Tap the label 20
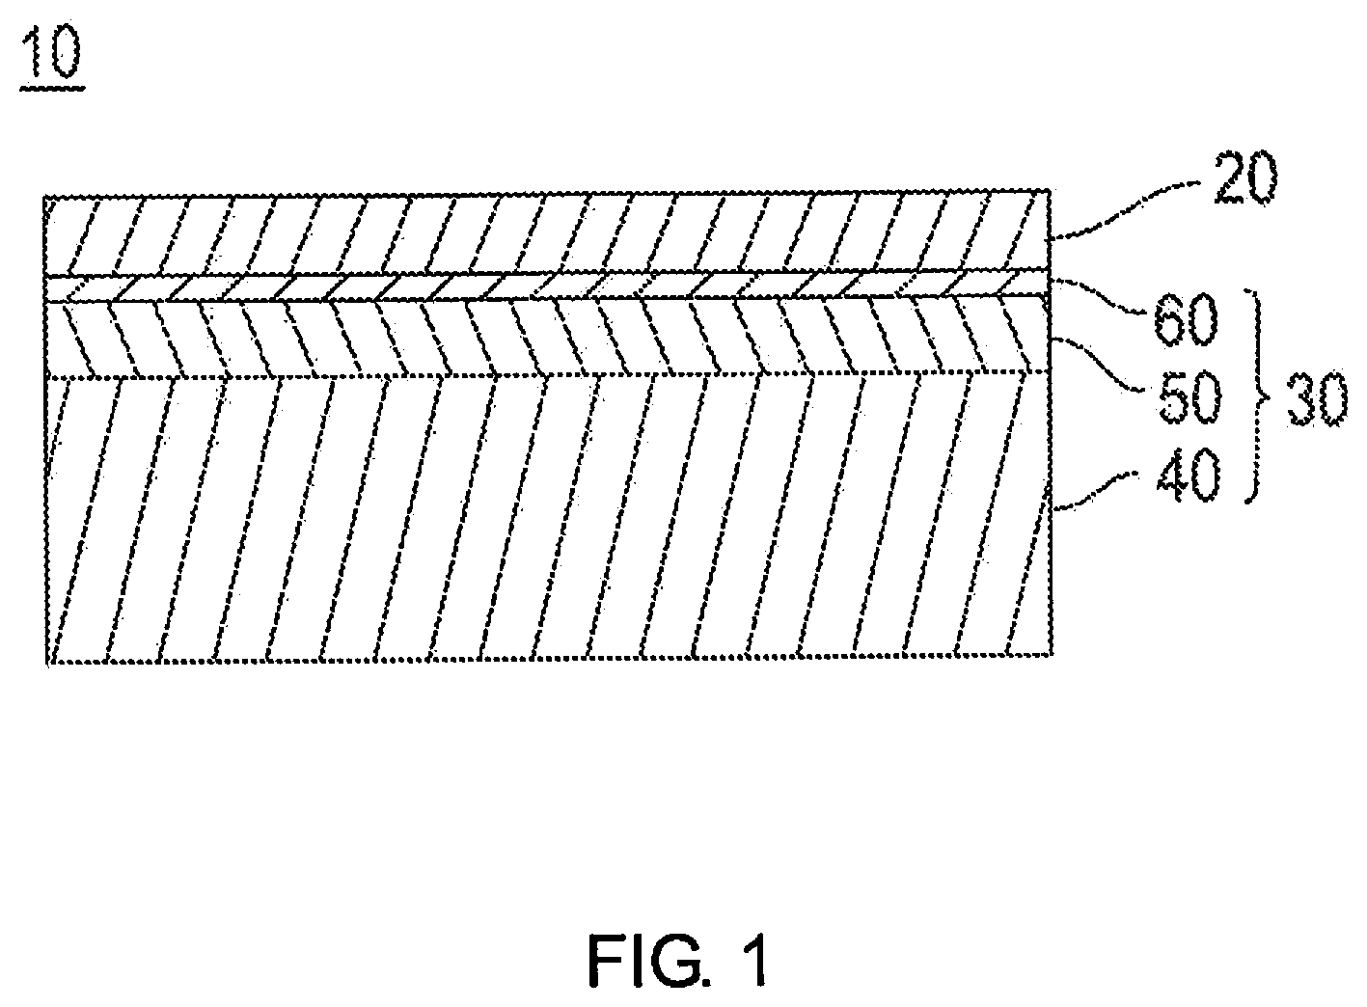[1244, 177]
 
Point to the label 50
[1189, 398]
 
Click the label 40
[1189, 476]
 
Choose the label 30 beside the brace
[1317, 400]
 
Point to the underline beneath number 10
[52, 88]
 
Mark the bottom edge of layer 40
[549, 658]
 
